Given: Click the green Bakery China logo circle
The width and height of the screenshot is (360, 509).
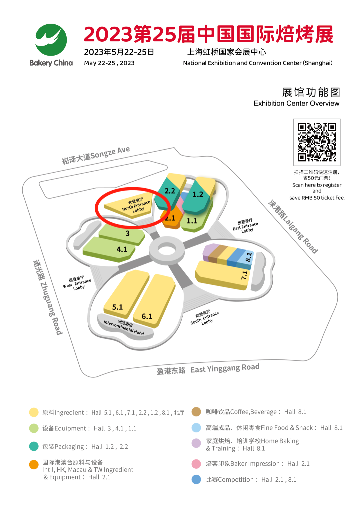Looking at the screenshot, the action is coord(51,40).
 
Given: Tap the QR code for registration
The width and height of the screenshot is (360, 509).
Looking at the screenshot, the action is coord(317,142).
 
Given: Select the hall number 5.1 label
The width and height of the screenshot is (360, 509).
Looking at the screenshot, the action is coord(117,307).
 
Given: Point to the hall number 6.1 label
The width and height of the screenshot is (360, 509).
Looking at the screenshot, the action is coord(147,316).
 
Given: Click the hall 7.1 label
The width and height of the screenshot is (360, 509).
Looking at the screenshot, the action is coord(244,275).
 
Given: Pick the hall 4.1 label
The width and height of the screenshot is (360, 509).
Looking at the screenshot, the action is coord(122,249).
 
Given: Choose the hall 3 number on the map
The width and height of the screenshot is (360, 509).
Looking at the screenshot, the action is coord(127,234).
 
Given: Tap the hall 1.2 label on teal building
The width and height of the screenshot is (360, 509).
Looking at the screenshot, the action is coord(198,194).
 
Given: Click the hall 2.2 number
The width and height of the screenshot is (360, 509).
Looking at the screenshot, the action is coord(170,191).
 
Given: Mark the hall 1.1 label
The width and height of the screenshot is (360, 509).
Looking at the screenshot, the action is coord(192,221).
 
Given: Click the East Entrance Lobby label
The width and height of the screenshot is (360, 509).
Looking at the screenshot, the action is coord(246,226).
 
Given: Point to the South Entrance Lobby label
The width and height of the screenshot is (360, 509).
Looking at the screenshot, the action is coord(205,318).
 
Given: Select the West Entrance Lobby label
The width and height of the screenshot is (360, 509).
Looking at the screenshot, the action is coord(77,283).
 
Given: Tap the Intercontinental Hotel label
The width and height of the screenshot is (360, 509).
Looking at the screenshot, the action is coord(124,327).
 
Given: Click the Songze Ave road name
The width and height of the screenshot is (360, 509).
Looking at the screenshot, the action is coord(96,155).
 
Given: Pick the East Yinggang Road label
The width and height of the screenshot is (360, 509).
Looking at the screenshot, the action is coord(208,369).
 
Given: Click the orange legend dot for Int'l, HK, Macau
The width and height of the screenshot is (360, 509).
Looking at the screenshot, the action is coord(34,464).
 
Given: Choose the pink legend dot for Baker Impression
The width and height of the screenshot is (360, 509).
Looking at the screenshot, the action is coord(196,464).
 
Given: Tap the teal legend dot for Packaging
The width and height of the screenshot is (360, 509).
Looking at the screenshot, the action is coord(34,446).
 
